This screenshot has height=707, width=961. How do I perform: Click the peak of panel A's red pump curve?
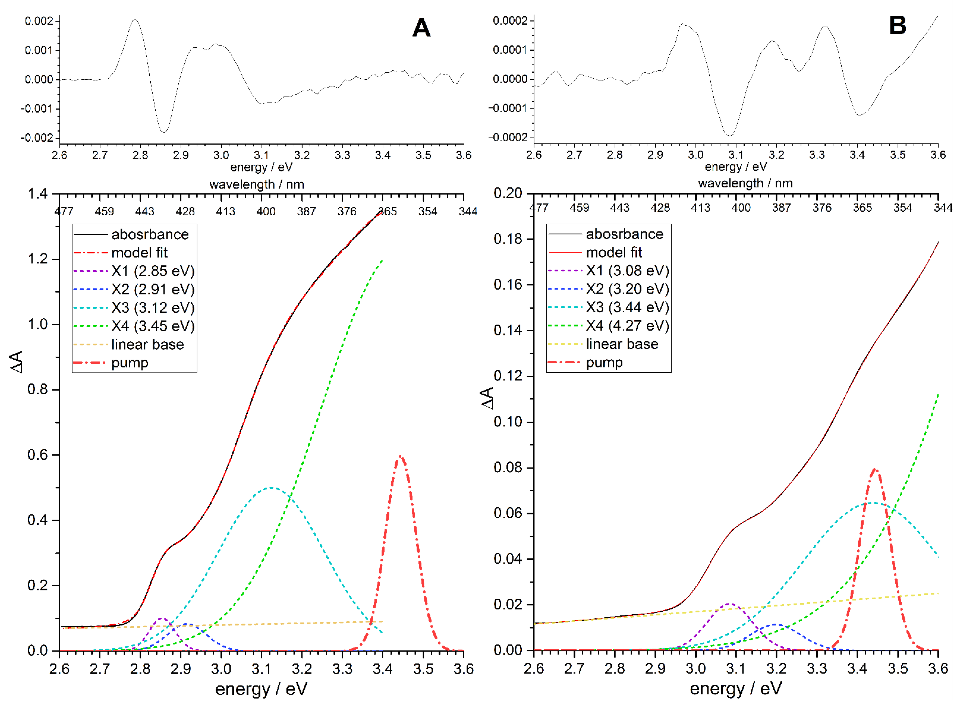[x=400, y=456]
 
